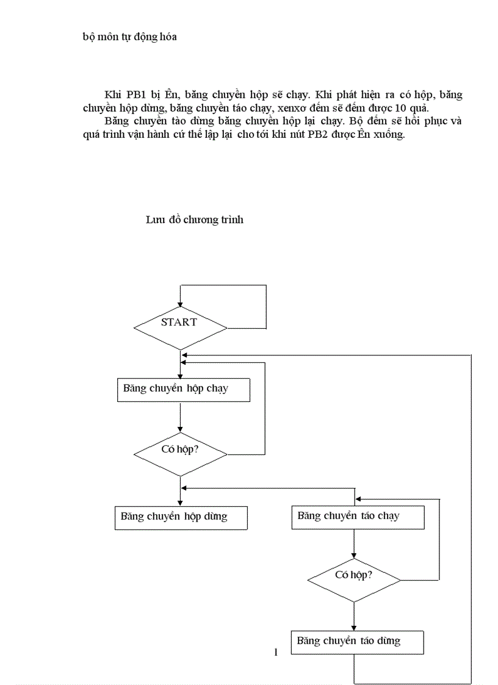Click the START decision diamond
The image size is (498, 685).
tap(180, 328)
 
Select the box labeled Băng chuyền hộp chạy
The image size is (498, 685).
tap(183, 390)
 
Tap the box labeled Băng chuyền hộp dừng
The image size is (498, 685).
tap(181, 517)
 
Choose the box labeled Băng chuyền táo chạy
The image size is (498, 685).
tap(357, 517)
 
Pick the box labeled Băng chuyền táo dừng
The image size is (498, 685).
tap(357, 642)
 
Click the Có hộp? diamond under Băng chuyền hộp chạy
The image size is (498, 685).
tap(180, 454)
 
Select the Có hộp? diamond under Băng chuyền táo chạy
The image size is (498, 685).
tap(354, 579)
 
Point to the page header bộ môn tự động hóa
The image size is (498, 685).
tap(129, 37)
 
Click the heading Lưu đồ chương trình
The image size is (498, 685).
tap(194, 220)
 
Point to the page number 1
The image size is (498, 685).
tap(276, 653)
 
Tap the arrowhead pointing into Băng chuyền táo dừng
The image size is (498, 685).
tap(354, 627)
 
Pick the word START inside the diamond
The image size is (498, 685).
tap(179, 322)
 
